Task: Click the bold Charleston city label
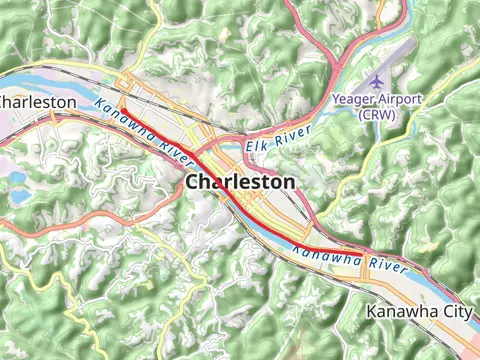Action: coord(240,182)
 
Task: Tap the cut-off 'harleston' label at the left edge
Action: coord(38,102)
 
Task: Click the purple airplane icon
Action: coord(377,81)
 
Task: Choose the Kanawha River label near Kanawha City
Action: coord(350,262)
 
